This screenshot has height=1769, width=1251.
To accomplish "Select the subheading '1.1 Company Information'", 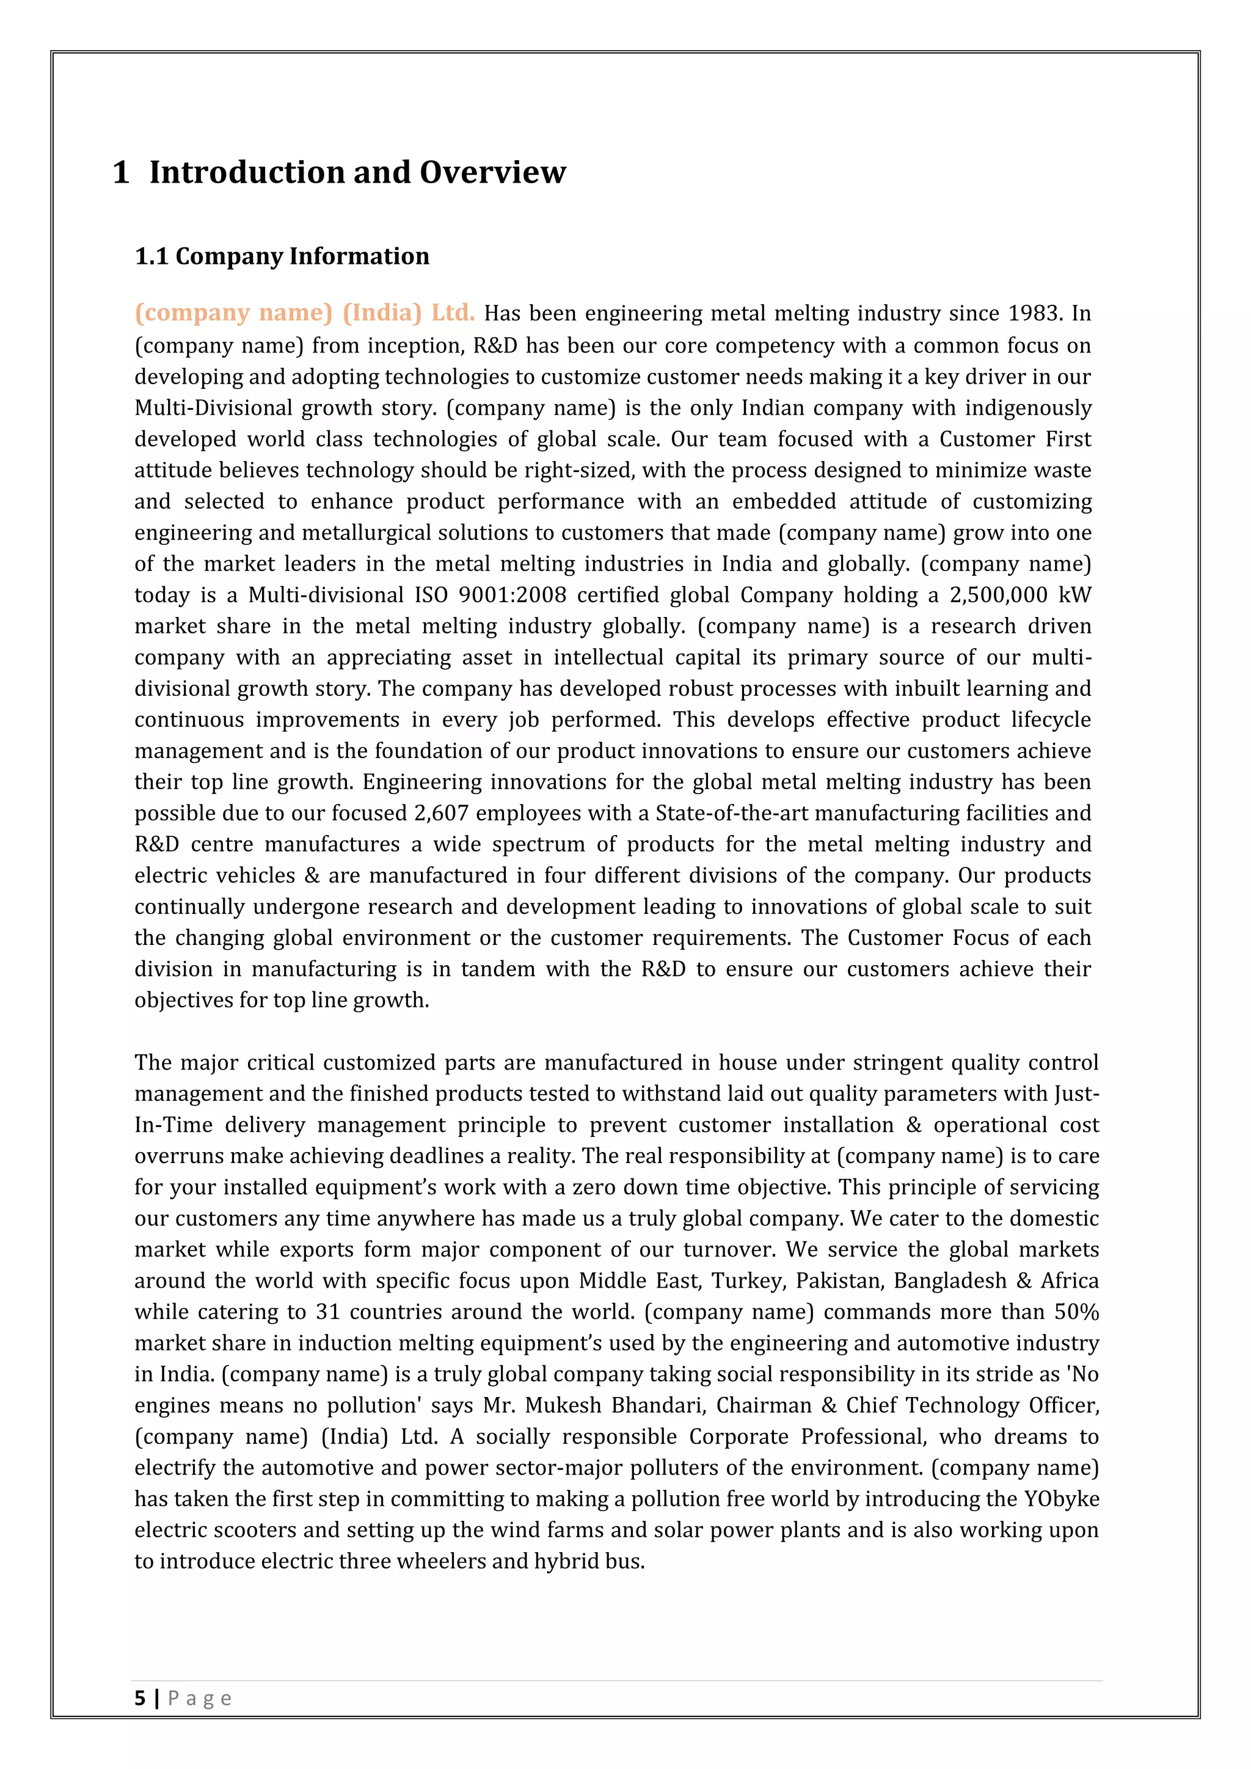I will (x=282, y=256).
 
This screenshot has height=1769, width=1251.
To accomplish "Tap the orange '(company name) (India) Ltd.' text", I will (x=304, y=312).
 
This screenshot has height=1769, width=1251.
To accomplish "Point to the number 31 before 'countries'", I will (x=327, y=1311).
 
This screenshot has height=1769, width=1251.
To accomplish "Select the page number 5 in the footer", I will (x=139, y=1698).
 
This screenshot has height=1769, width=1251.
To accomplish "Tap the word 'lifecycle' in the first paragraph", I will (x=1051, y=720).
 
